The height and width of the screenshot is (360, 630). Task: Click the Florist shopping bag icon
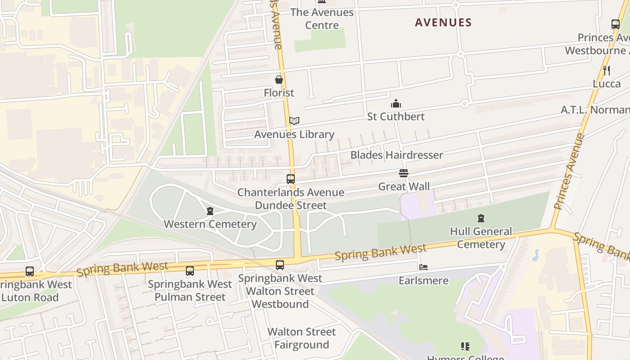[279, 80]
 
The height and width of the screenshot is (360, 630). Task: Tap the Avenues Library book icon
[294, 121]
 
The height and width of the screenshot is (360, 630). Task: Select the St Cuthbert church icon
[396, 104]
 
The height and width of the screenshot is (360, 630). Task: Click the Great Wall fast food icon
[404, 173]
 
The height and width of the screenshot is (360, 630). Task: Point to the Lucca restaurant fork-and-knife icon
[607, 70]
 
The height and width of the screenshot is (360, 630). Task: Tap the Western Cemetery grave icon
[210, 211]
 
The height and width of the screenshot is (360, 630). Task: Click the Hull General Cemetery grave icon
[481, 219]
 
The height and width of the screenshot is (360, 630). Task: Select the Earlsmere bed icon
[423, 267]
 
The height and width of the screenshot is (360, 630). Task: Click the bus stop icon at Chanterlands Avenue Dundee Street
[291, 179]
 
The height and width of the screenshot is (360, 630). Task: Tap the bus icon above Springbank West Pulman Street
[190, 271]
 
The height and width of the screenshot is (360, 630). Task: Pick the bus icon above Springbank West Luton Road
[30, 271]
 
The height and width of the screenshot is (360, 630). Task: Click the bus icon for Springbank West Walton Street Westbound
[280, 265]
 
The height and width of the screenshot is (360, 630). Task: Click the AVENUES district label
[443, 22]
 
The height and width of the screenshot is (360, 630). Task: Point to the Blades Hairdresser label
[396, 155]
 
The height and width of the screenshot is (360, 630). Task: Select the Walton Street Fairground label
[301, 338]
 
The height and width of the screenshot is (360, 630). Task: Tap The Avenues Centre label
[322, 18]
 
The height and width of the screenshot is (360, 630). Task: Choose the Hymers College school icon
[465, 346]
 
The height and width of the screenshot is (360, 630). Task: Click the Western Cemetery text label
[210, 224]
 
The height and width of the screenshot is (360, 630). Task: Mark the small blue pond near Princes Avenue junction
[535, 255]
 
